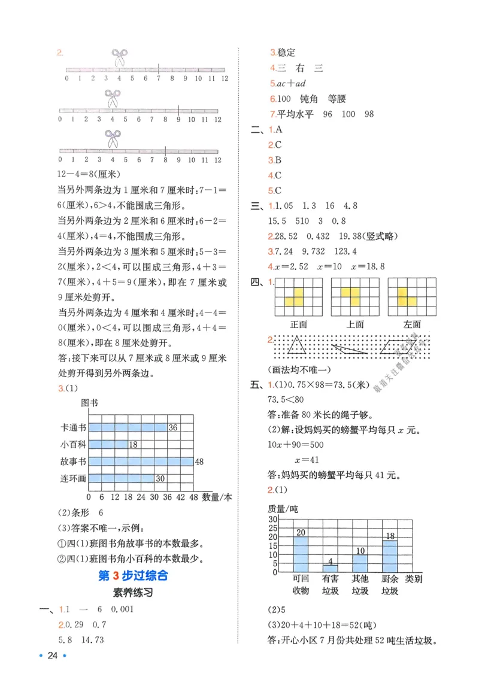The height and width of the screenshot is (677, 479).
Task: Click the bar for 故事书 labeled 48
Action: tap(141, 462)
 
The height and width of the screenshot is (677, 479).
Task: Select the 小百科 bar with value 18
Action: tap(108, 444)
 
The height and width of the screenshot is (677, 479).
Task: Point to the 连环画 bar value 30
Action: tap(160, 478)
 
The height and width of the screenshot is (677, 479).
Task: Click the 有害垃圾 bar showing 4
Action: tap(330, 567)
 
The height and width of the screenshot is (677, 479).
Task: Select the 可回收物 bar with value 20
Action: tap(301, 554)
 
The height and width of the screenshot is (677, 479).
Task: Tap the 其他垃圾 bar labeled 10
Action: tap(360, 562)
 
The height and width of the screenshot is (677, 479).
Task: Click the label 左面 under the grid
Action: tap(412, 324)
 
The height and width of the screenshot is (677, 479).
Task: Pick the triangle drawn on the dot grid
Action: tap(297, 346)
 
